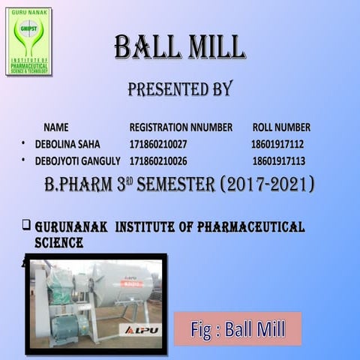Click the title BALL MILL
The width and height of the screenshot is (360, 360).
pyautogui.click(x=179, y=47)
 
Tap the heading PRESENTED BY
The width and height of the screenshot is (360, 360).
pyautogui.click(x=179, y=89)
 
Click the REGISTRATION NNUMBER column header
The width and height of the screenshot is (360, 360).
pyautogui.click(x=181, y=127)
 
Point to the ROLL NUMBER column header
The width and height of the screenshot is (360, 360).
pyautogui.click(x=281, y=127)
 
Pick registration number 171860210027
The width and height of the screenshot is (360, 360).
pyautogui.click(x=158, y=144)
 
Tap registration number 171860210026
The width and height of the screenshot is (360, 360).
pyautogui.click(x=158, y=161)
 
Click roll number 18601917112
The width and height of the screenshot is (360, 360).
pyautogui.click(x=277, y=144)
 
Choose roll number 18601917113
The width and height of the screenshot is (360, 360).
pyautogui.click(x=278, y=161)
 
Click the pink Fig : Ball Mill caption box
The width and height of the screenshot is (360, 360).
pyautogui.click(x=238, y=328)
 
